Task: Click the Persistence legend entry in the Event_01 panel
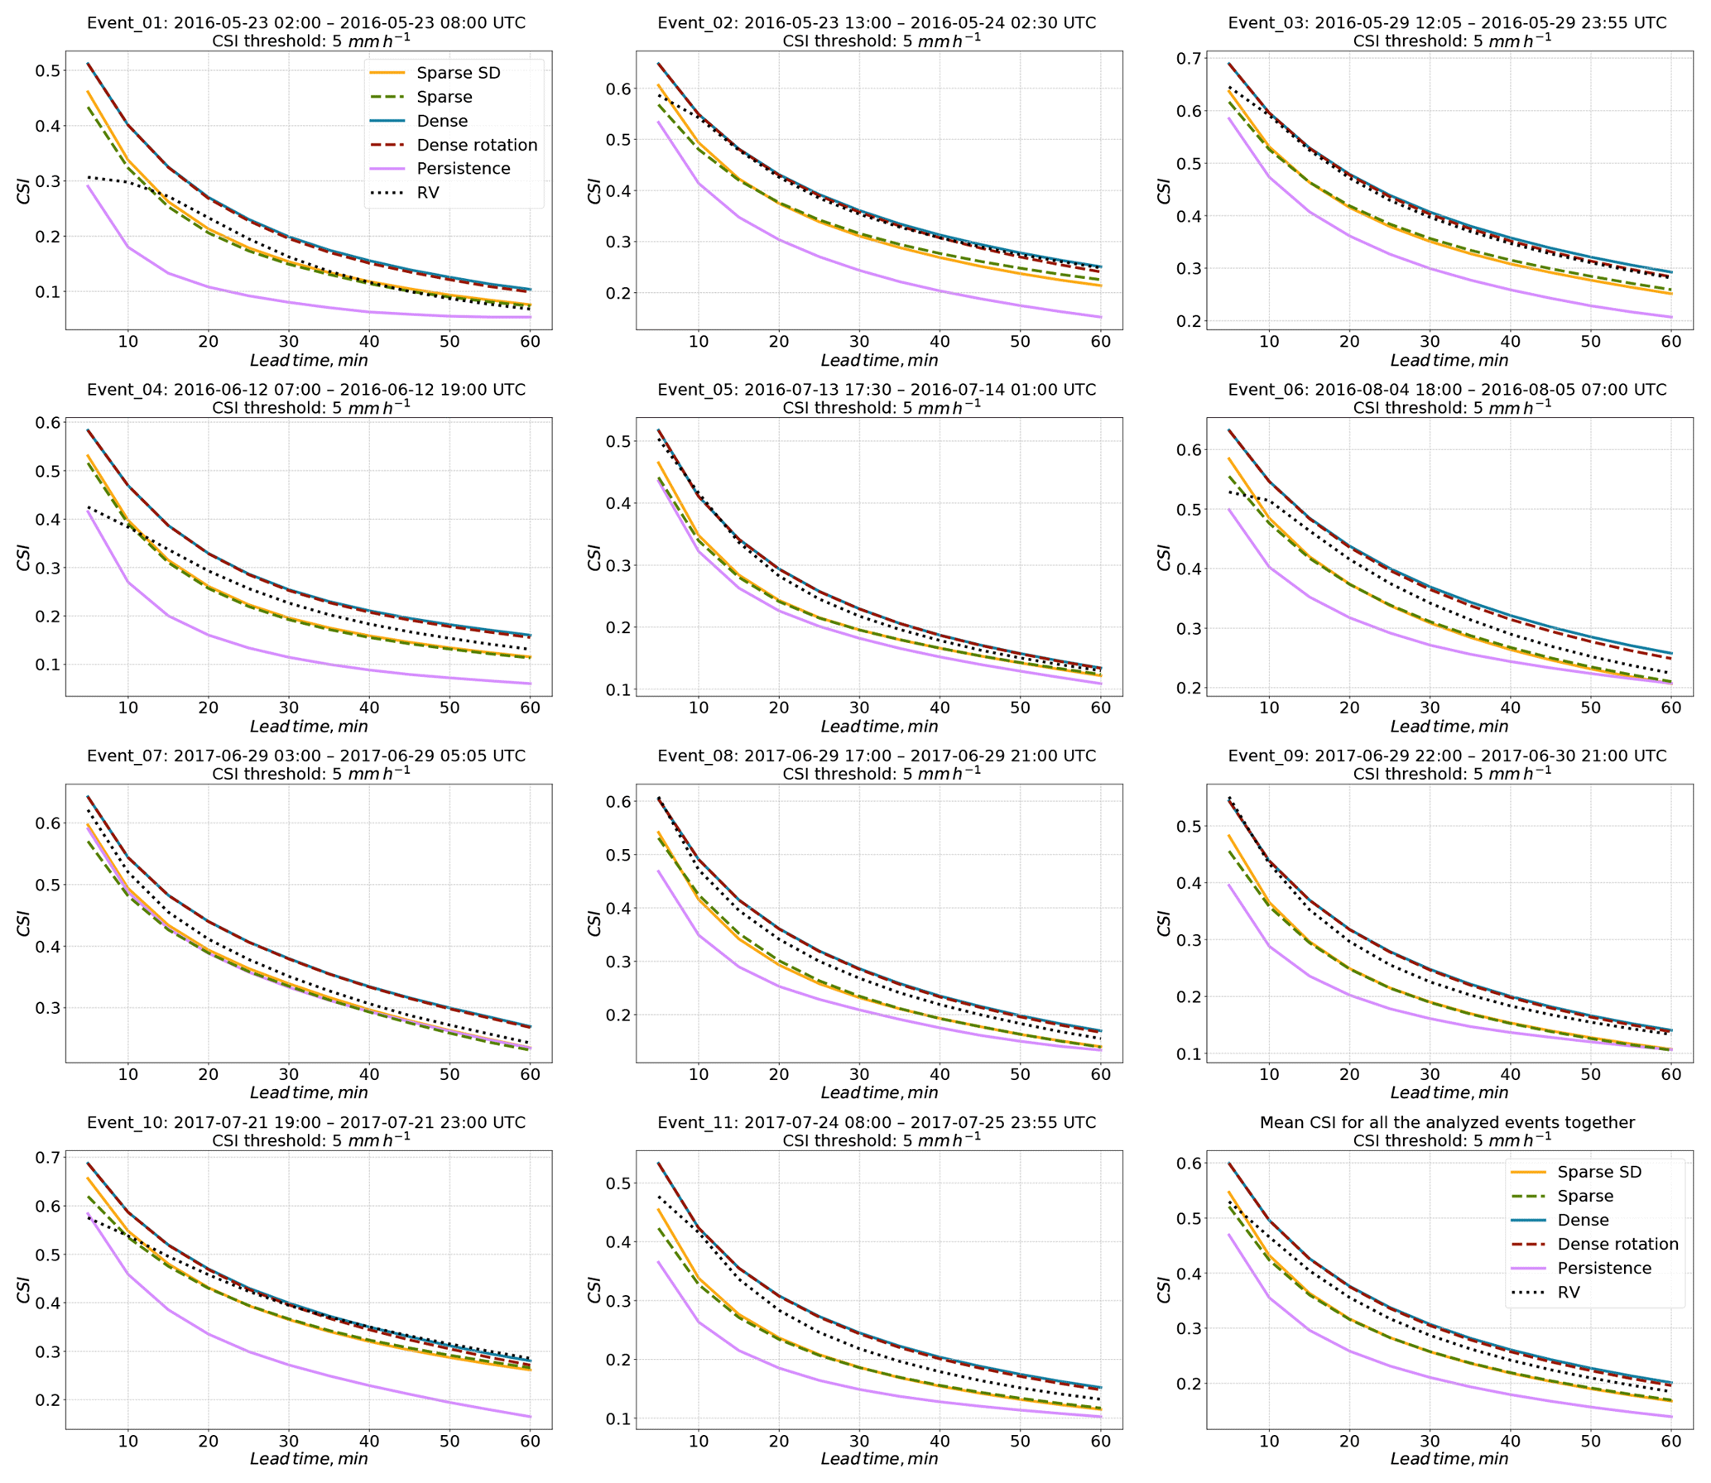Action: point(463,169)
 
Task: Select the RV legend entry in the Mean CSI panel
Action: point(1568,1292)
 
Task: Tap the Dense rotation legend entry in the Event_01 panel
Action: point(477,145)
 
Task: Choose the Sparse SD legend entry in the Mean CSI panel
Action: point(1598,1172)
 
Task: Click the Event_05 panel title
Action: point(877,389)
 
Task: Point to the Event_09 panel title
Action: point(1447,756)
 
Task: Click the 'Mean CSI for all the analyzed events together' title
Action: point(1447,1122)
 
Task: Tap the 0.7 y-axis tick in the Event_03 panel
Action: point(1188,59)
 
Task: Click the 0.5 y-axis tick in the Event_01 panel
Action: point(47,71)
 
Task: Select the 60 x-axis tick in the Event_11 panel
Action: point(1100,1441)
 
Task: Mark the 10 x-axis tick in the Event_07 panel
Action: point(127,1074)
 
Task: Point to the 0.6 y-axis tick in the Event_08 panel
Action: point(618,801)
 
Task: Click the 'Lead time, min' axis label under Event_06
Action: point(1449,727)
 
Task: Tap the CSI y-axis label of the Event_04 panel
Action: point(23,557)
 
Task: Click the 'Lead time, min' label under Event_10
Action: point(309,1459)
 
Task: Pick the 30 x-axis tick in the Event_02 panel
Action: point(859,341)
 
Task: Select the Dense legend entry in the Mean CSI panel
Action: point(1583,1220)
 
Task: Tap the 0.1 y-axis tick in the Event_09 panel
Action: point(1188,1054)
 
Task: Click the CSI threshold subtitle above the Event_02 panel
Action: point(881,41)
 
